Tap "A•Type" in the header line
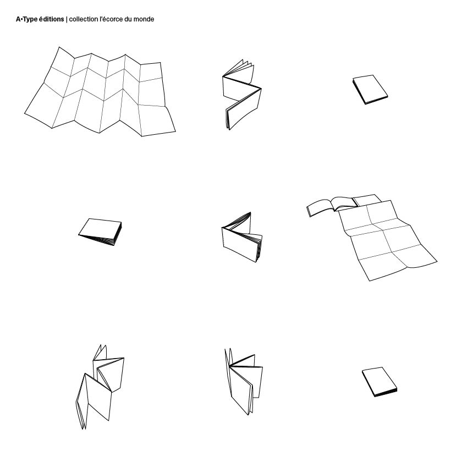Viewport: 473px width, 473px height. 26,20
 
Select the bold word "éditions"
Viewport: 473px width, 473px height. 51,19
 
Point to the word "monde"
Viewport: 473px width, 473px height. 144,19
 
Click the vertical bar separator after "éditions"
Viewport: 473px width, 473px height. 67,20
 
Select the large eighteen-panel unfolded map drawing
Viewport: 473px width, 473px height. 100,92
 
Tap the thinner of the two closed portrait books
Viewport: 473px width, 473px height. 370,90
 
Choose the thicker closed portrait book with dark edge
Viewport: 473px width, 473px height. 380,382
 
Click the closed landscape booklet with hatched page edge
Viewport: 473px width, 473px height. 100,232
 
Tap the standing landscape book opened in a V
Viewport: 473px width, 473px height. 242,237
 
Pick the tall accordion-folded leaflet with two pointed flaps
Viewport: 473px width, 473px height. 100,387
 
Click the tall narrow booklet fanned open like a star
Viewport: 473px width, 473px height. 244,382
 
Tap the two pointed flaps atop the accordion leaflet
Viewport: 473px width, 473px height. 101,353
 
